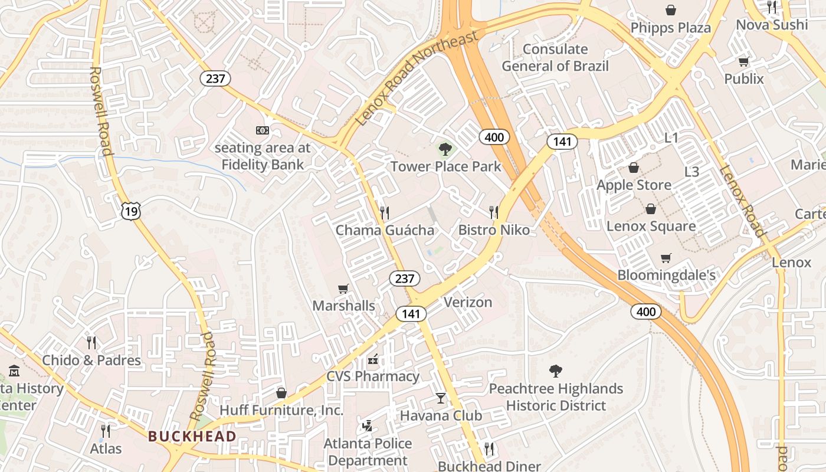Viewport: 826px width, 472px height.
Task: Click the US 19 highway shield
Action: pos(132,211)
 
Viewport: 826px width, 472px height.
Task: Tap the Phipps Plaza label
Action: pos(670,28)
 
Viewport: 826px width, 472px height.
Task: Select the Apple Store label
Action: pos(634,185)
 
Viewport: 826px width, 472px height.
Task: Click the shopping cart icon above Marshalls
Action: pos(343,289)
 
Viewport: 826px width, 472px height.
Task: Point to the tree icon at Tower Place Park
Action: pos(445,149)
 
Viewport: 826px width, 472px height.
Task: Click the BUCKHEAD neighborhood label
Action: pos(192,437)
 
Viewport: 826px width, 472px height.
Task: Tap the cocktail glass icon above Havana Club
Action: pos(441,398)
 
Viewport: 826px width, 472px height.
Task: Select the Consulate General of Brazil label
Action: pos(555,57)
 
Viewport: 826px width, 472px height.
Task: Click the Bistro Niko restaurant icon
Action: pos(494,212)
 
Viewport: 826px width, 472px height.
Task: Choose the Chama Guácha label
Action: pos(385,230)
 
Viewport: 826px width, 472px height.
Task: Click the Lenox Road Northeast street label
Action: pos(417,78)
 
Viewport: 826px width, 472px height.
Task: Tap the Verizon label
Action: pos(467,303)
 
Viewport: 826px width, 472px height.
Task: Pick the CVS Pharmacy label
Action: pos(373,376)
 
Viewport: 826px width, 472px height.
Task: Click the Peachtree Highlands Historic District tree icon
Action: pos(555,371)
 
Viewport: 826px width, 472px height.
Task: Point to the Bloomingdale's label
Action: pos(666,275)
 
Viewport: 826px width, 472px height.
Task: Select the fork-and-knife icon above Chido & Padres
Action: pos(91,343)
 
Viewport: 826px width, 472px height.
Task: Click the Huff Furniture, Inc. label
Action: pos(281,410)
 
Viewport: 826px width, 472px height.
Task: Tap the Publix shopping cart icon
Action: pos(743,62)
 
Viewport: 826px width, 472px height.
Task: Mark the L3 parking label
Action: pos(691,172)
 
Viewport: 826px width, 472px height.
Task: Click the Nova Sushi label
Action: pos(772,25)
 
